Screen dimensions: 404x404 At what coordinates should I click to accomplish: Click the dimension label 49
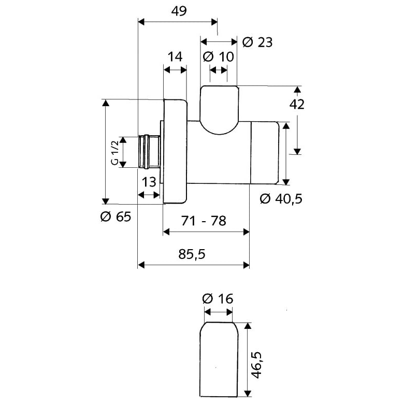tap(179, 11)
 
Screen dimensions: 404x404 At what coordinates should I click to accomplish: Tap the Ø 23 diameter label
tap(257, 42)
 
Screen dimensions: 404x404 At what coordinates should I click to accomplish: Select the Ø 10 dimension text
tap(218, 56)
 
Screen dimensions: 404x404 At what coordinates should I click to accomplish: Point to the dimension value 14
tap(175, 56)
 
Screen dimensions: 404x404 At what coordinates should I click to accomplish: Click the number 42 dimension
tap(297, 104)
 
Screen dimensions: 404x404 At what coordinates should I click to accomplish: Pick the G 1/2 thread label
tap(114, 152)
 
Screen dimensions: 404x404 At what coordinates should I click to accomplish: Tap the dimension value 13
tap(149, 182)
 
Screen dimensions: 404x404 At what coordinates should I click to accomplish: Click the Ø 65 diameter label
tap(116, 217)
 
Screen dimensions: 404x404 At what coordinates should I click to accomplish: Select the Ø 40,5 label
tap(281, 199)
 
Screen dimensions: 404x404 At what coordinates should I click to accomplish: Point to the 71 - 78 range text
tap(204, 221)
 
